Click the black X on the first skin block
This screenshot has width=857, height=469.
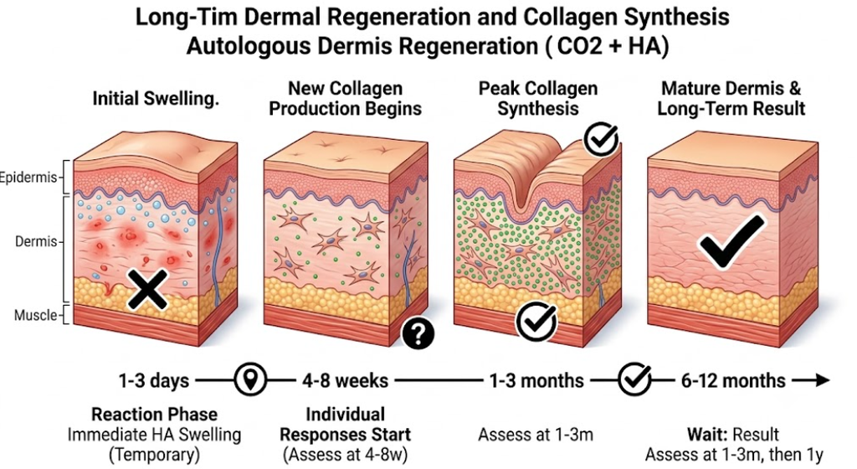coord(147,290)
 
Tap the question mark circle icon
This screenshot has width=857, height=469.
coord(418,332)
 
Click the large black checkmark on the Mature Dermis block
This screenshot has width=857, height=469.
coord(731,241)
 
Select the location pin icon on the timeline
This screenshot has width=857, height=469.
coord(250,379)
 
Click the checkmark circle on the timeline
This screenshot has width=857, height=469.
coord(635,379)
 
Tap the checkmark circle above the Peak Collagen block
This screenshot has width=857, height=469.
coord(601,139)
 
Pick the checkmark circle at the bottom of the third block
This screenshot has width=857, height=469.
coord(536,322)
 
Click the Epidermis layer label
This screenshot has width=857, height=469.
coord(28,178)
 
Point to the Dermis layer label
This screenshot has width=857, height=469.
coord(36,241)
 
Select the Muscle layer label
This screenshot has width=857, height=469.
coord(35,316)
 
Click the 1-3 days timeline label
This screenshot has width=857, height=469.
coord(154,380)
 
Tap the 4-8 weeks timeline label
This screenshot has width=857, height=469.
coord(346,380)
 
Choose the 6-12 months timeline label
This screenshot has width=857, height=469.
coord(733,380)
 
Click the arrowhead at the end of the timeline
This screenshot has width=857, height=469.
coord(823,380)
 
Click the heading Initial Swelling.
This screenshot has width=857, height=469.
coord(156,99)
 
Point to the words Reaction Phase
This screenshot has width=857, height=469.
coord(154,415)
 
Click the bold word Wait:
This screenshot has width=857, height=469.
coord(706,435)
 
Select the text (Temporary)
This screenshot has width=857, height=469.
coord(154,455)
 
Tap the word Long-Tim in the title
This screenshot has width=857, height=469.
coord(187,18)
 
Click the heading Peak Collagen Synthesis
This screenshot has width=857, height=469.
coord(538,98)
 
